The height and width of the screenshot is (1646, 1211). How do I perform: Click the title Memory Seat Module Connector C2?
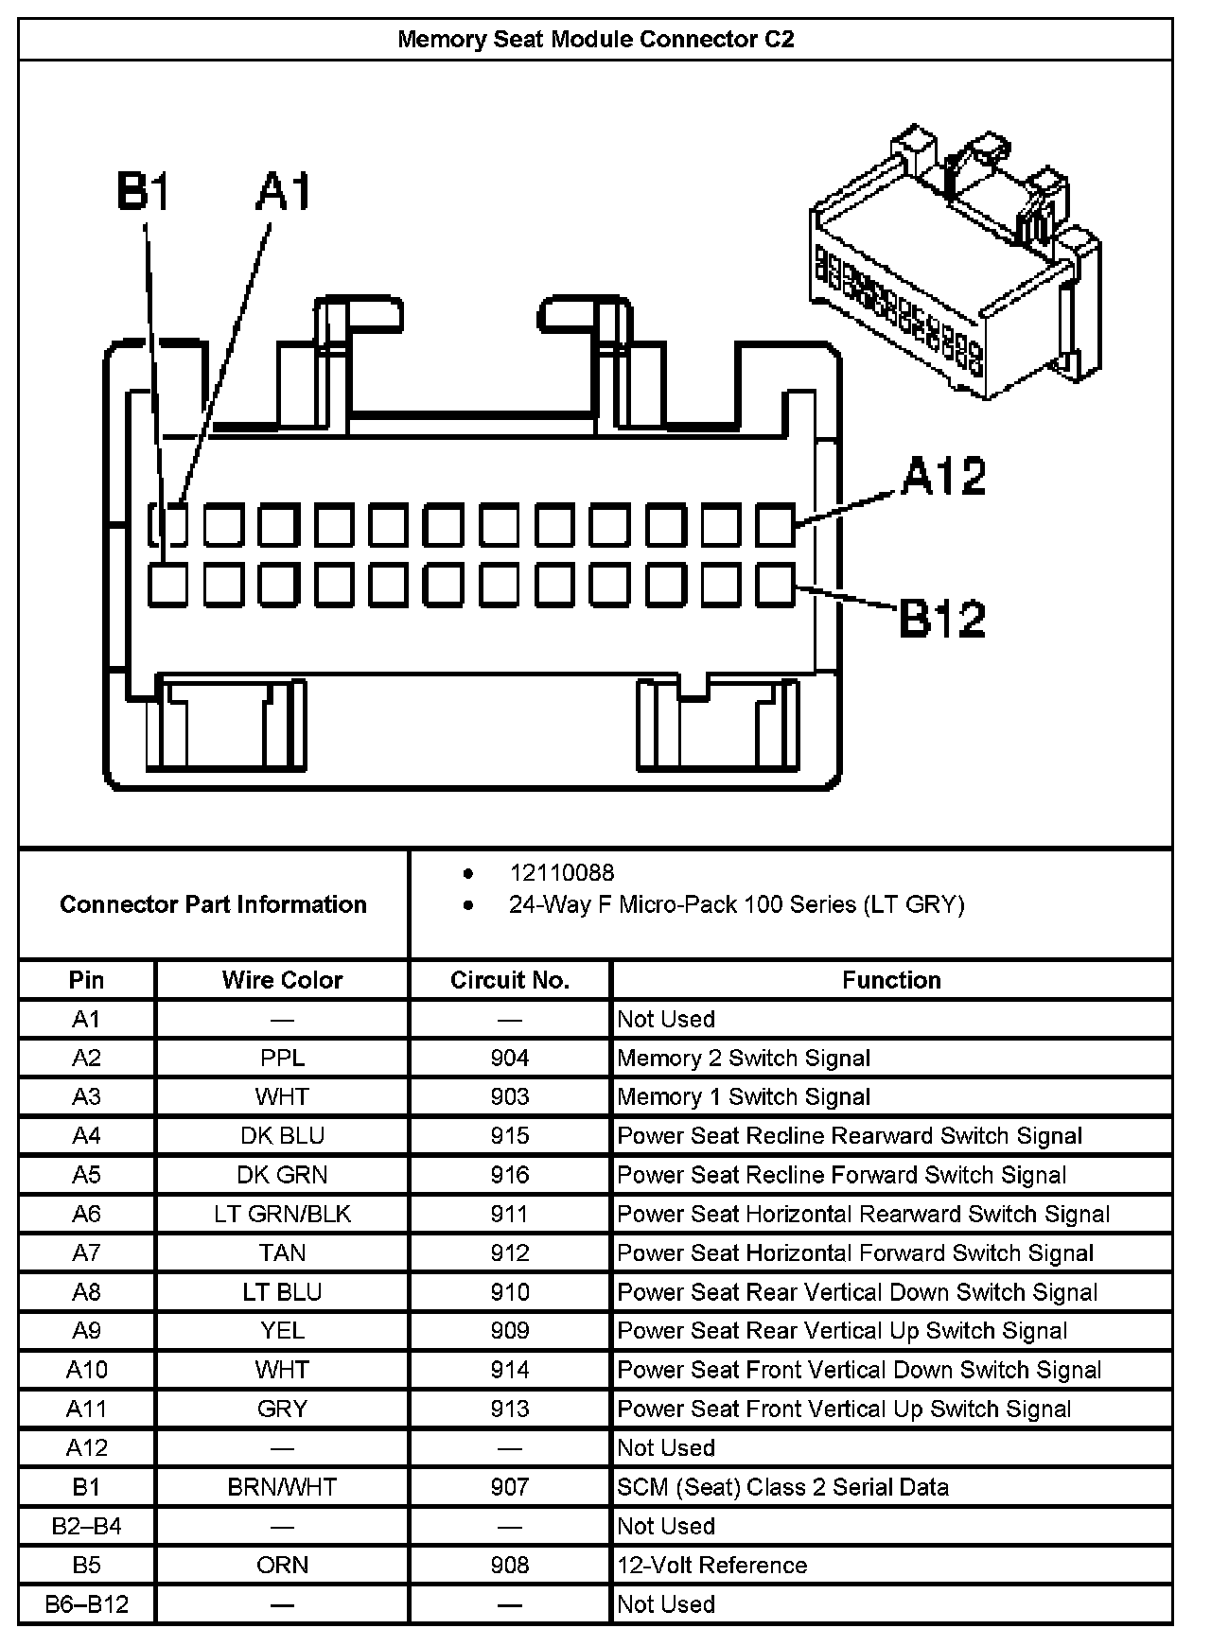(595, 40)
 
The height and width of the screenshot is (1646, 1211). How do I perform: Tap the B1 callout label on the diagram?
(144, 191)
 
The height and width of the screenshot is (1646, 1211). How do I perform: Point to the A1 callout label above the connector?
(284, 191)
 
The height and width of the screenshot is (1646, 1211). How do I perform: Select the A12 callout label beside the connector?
(943, 476)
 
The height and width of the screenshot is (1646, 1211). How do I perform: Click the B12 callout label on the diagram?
(941, 619)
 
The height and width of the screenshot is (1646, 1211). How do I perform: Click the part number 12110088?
(561, 872)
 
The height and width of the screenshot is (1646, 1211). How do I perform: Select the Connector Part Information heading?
(213, 904)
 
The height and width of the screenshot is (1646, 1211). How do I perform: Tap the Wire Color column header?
(282, 980)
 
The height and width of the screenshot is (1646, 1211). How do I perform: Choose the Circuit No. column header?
(510, 980)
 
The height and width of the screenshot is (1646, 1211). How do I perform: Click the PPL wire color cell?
(282, 1058)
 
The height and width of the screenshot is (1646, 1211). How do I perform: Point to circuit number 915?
(510, 1135)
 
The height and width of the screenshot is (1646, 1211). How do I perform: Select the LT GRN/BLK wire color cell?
(282, 1214)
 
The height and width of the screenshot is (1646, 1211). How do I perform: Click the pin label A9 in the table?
(86, 1330)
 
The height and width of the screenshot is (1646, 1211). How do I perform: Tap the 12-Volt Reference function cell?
(712, 1565)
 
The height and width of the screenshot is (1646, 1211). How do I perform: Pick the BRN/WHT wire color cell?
(282, 1486)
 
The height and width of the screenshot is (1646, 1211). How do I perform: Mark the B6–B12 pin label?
(86, 1603)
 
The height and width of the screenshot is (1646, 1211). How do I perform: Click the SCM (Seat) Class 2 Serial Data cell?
(782, 1486)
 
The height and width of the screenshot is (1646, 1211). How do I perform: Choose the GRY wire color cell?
(282, 1409)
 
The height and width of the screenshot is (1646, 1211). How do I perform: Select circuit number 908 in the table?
(510, 1565)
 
